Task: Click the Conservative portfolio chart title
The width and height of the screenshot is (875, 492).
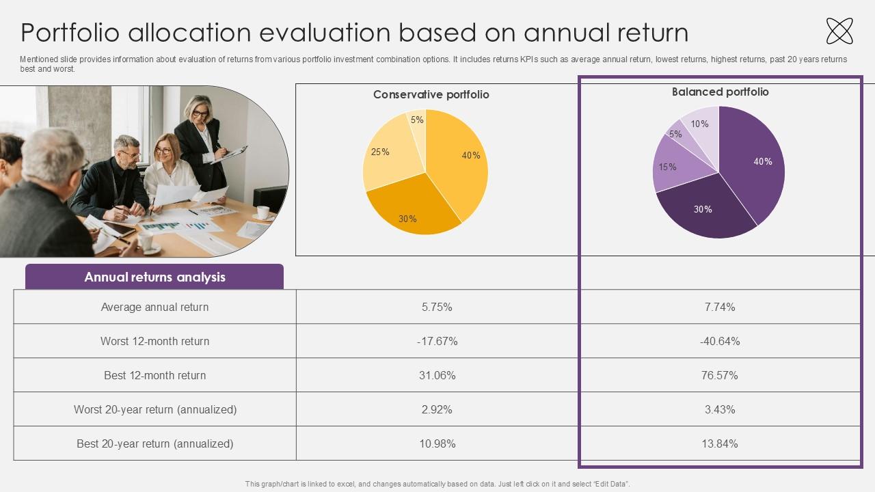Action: pos(431,94)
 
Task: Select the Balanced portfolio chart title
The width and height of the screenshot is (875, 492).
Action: pos(721,92)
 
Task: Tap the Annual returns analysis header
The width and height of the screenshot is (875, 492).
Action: pos(154,277)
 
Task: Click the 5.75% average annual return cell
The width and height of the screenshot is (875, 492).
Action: pos(437,307)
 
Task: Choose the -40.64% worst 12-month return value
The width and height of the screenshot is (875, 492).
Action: pos(720,341)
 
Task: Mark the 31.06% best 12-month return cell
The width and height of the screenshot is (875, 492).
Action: pos(437,375)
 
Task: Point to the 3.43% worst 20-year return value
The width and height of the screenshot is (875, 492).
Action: pos(720,409)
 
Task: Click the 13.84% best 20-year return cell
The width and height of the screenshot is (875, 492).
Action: pos(720,443)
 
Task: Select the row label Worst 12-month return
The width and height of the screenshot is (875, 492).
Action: pos(154,341)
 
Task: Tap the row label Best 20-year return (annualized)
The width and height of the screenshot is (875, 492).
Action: pos(154,443)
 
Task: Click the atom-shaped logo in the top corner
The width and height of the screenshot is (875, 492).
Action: pos(839,31)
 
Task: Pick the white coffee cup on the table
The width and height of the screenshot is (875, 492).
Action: pos(263,213)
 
